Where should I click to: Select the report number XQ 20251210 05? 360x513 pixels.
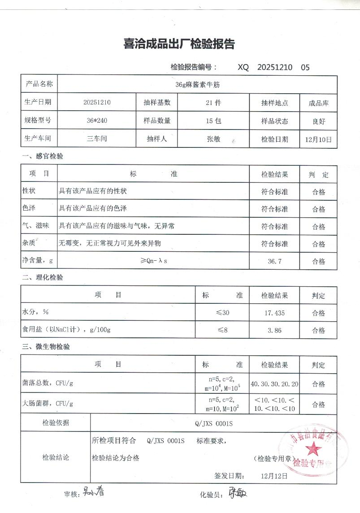pyautogui.click(x=273, y=68)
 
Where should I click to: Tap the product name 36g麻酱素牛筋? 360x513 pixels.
pyautogui.click(x=197, y=84)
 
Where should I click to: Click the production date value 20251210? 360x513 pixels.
pyautogui.click(x=97, y=102)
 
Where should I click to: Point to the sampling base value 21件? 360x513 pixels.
pyautogui.click(x=213, y=103)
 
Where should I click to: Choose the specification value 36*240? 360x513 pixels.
pyautogui.click(x=97, y=121)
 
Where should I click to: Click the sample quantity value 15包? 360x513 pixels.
pyautogui.click(x=213, y=121)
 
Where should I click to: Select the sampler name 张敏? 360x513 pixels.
pyautogui.click(x=213, y=139)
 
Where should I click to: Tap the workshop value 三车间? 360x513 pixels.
pyautogui.click(x=97, y=139)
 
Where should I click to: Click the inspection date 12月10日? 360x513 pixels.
pyautogui.click(x=318, y=139)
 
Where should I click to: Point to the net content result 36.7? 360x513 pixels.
pyautogui.click(x=274, y=261)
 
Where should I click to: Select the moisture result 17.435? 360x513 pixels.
pyautogui.click(x=274, y=313)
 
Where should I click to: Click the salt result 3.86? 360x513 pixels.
pyautogui.click(x=274, y=330)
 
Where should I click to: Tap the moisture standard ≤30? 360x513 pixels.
pyautogui.click(x=222, y=313)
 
